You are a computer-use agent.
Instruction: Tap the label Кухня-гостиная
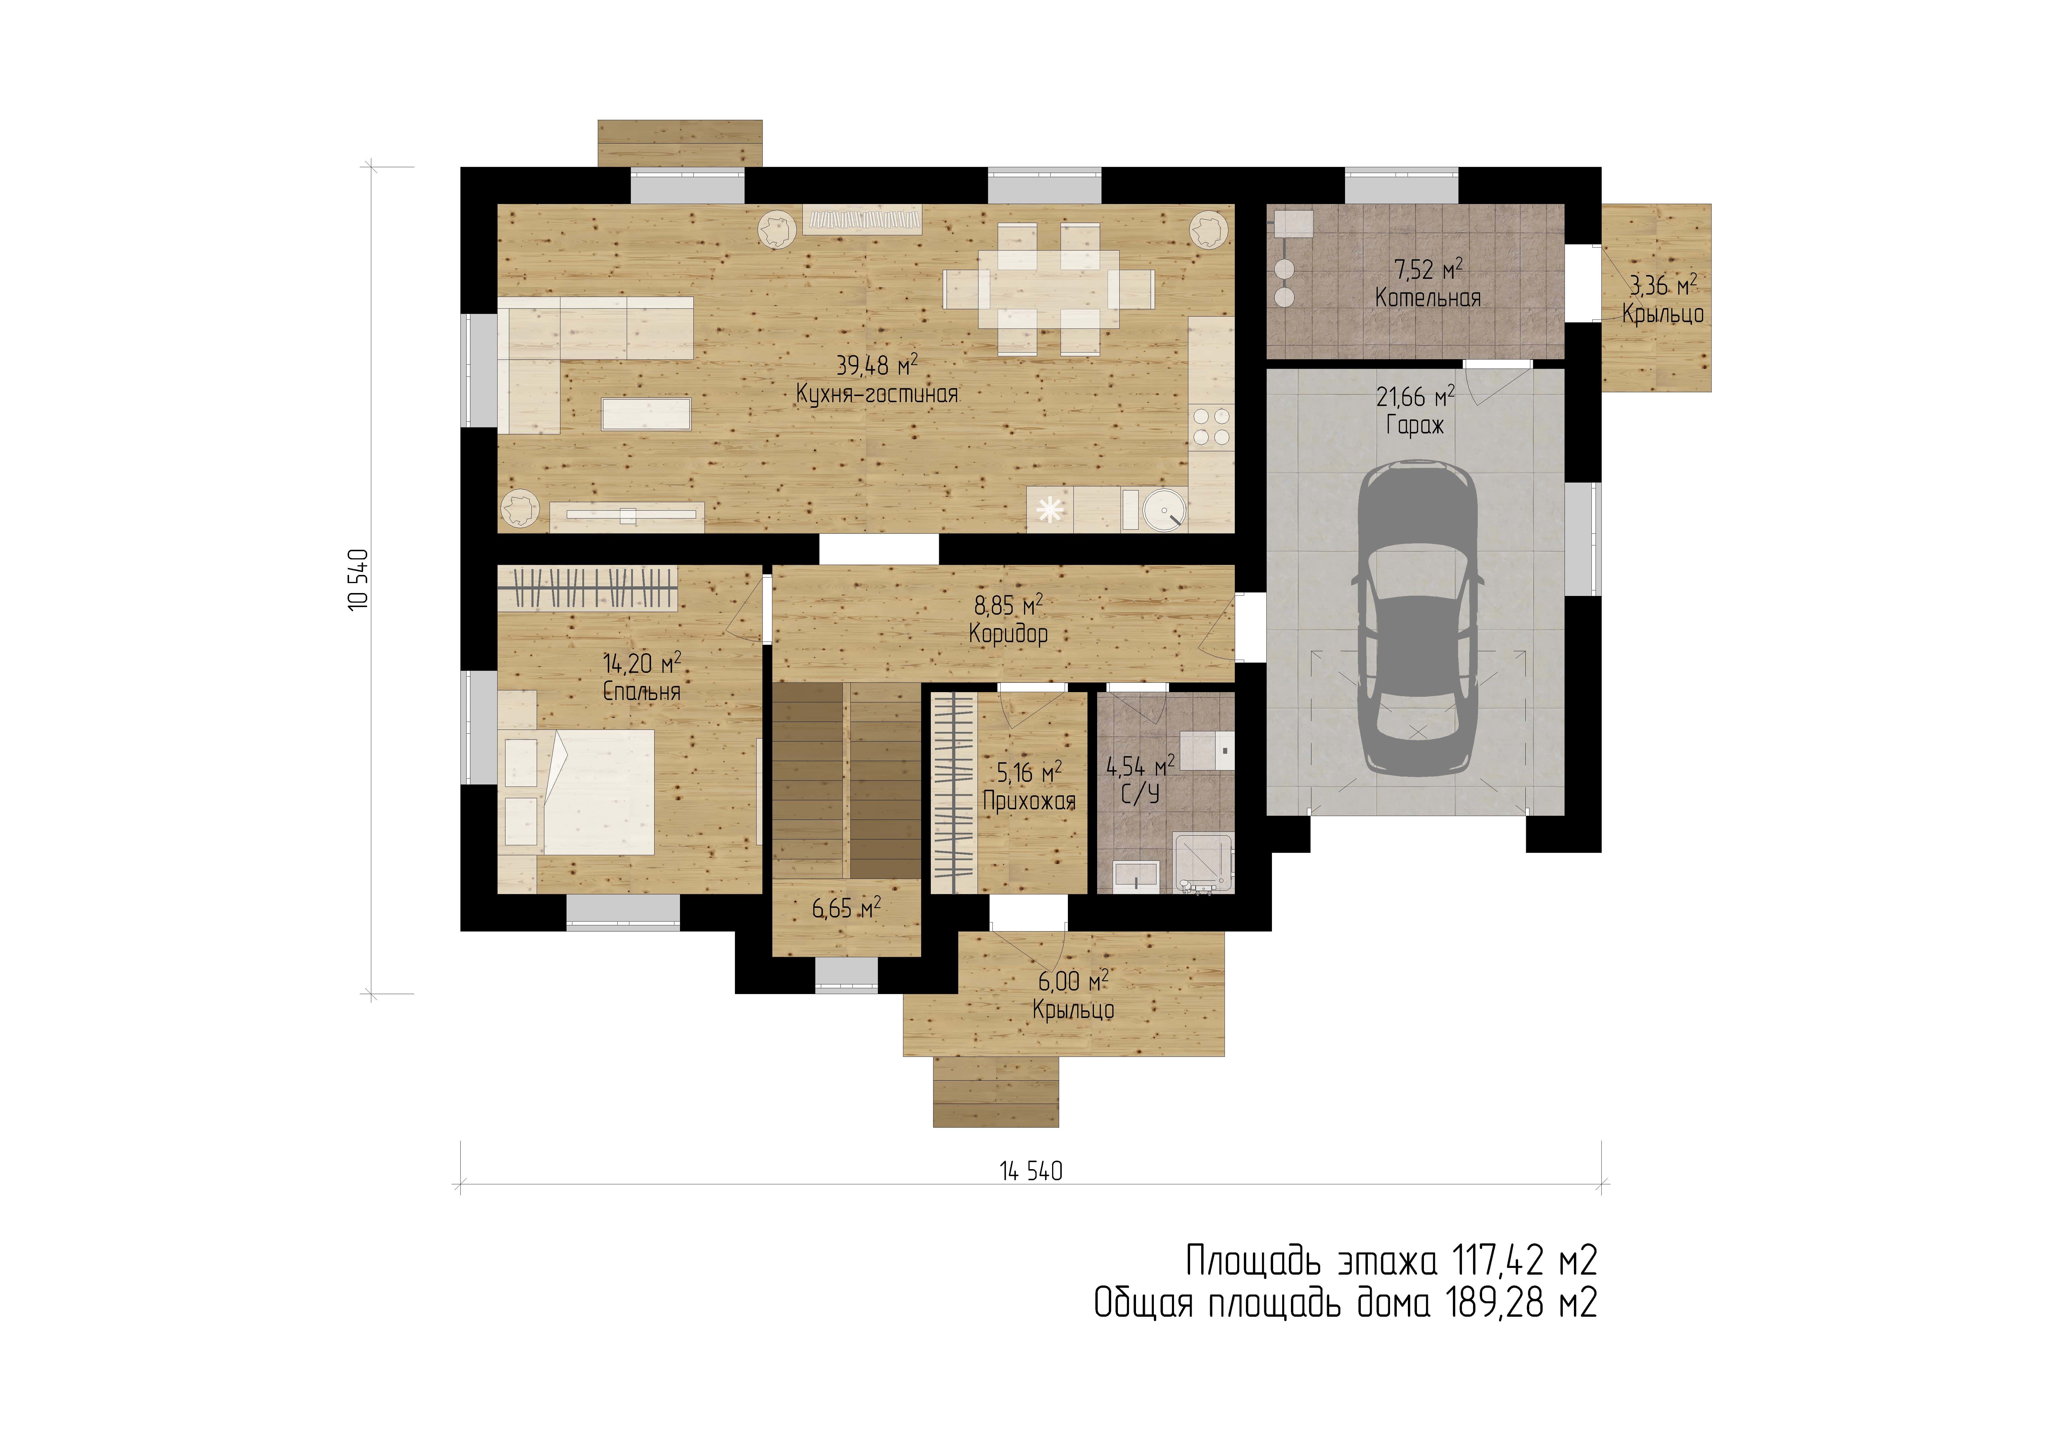[x=877, y=394]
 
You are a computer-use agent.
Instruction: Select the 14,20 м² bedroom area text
[x=642, y=663]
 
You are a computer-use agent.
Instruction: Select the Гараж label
[x=1415, y=425]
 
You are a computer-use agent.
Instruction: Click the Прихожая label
[x=1029, y=801]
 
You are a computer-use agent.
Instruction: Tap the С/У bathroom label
[x=1141, y=794]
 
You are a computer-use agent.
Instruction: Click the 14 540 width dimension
[x=1031, y=1171]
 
